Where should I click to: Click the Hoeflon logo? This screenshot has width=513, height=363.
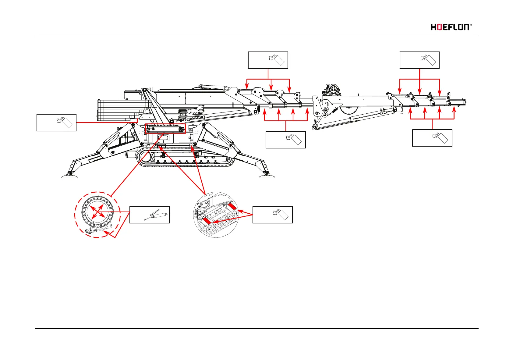pos(450,27)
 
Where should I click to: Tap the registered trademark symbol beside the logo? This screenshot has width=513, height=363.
pos(471,25)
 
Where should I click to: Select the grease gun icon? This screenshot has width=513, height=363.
pos(157,215)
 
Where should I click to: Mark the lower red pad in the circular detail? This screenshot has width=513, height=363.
pos(207,220)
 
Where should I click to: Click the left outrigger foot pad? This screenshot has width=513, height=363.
pos(69,176)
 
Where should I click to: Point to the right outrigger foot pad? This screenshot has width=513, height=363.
pos(267,176)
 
